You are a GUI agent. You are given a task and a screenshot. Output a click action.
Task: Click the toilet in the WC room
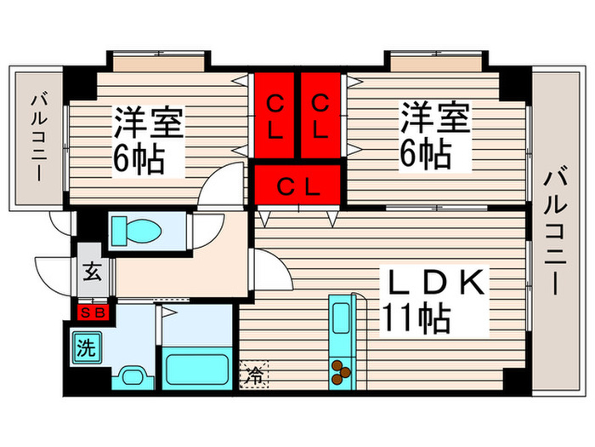[x=137, y=231]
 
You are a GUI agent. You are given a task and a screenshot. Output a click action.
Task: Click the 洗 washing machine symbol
[x=86, y=347]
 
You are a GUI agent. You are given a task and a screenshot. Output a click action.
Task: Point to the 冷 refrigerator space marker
[x=252, y=374]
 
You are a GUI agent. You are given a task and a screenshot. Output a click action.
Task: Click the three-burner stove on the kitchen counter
[x=341, y=370]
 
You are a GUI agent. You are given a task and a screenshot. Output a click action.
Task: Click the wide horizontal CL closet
[x=297, y=186]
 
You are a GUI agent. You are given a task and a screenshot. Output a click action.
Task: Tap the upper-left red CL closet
[x=275, y=116]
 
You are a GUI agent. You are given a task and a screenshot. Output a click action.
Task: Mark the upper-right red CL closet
[x=320, y=116]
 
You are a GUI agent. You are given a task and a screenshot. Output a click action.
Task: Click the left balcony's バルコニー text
[x=38, y=136]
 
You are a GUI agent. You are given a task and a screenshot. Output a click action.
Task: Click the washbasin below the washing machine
[x=132, y=375]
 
